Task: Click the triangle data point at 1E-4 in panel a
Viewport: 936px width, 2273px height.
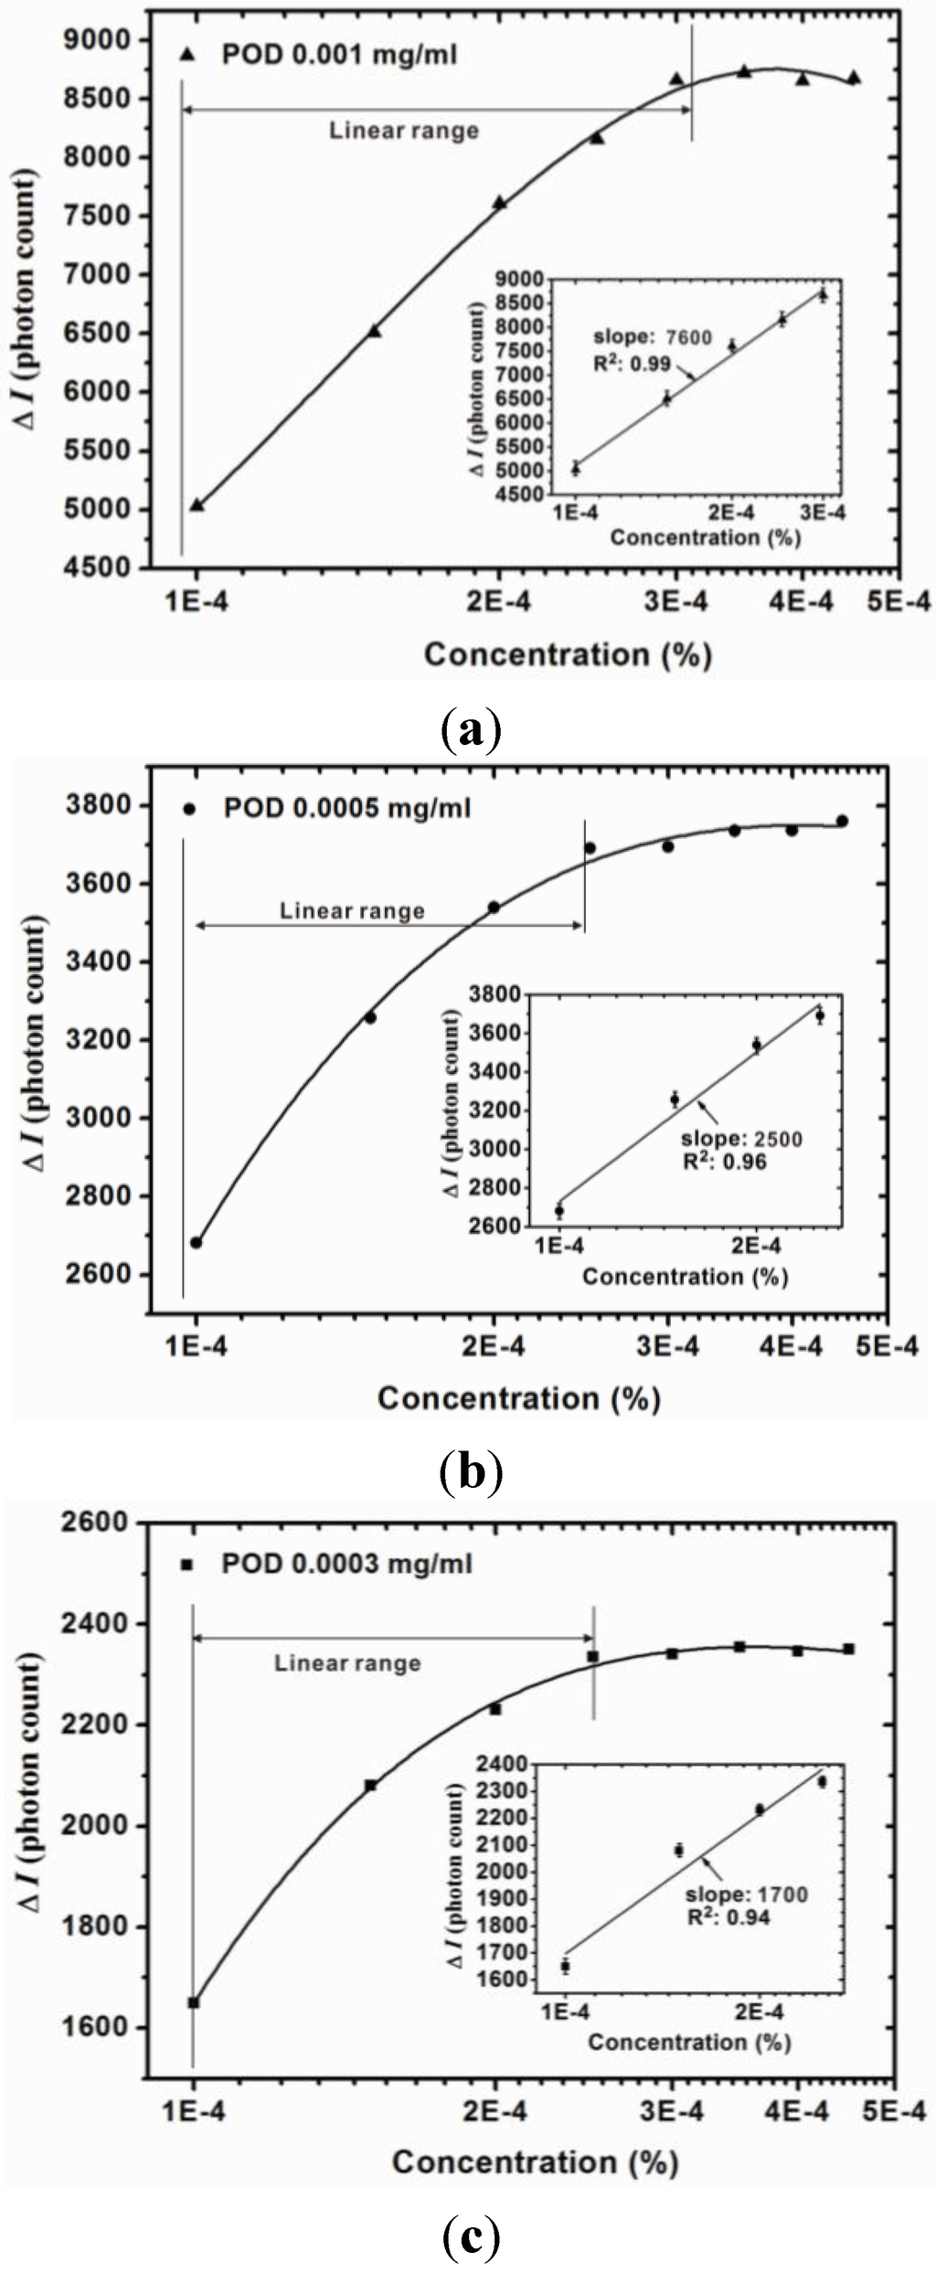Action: tap(197, 505)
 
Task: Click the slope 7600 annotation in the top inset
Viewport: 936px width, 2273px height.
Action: tap(653, 337)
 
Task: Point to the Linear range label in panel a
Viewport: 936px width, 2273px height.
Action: tap(404, 131)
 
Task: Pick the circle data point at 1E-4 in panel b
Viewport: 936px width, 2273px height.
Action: tap(196, 1242)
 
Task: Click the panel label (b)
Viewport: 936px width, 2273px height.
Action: tap(469, 1471)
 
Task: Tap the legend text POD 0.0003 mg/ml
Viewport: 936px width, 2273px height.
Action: tap(346, 1564)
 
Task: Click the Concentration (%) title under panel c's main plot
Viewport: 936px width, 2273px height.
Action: tap(535, 2161)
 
